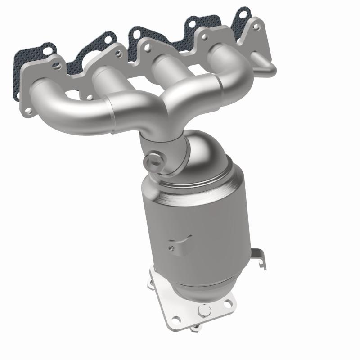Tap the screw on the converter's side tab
pos(171,246)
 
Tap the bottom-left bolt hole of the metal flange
pos(27,109)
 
